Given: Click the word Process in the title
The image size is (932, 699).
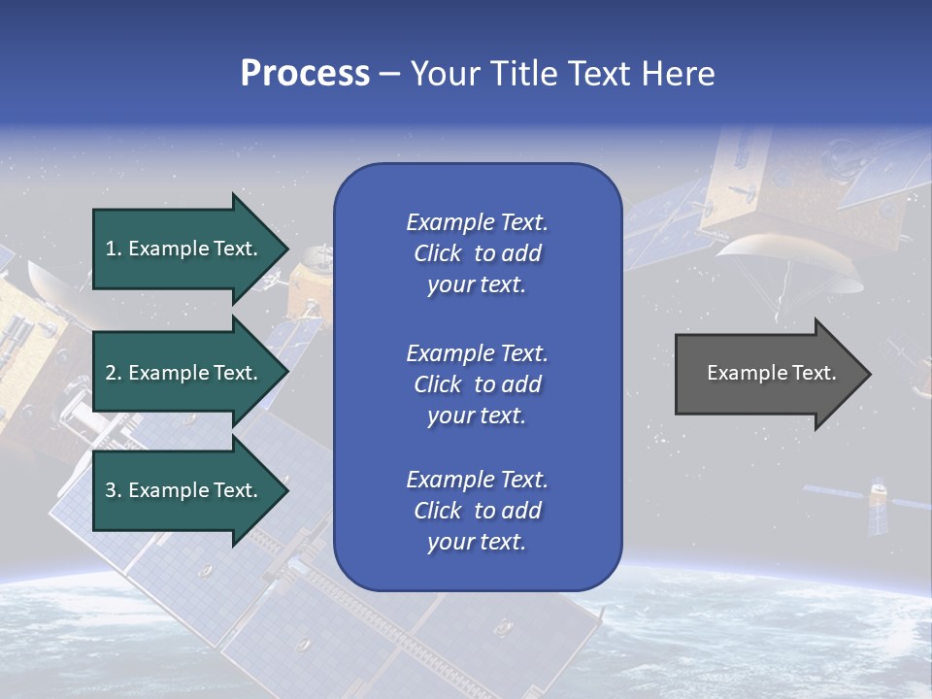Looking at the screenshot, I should pos(305,74).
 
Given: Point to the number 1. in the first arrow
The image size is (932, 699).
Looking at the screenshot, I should pos(113,249).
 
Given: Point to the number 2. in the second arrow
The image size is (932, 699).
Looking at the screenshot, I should pos(113,373).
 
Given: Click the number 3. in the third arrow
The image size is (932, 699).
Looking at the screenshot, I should pos(113,490).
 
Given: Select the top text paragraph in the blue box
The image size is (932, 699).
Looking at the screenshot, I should pos(477,253).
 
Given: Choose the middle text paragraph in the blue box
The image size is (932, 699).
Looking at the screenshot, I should pos(477,384).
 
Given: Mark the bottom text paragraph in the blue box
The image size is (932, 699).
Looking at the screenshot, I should pos(477,511).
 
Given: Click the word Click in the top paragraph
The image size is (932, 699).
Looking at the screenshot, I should pos(437,253).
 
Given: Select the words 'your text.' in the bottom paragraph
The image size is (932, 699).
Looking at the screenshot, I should pos(477,542).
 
